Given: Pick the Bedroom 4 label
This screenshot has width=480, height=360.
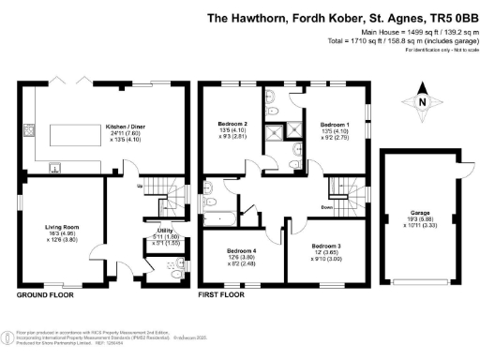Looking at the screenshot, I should pyautogui.click(x=241, y=250).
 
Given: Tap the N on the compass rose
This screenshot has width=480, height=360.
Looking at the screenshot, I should pyautogui.click(x=422, y=102).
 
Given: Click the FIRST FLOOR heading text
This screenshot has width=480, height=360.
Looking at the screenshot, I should pyautogui.click(x=222, y=294).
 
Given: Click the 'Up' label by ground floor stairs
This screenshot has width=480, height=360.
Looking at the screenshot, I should pyautogui.click(x=140, y=187).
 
